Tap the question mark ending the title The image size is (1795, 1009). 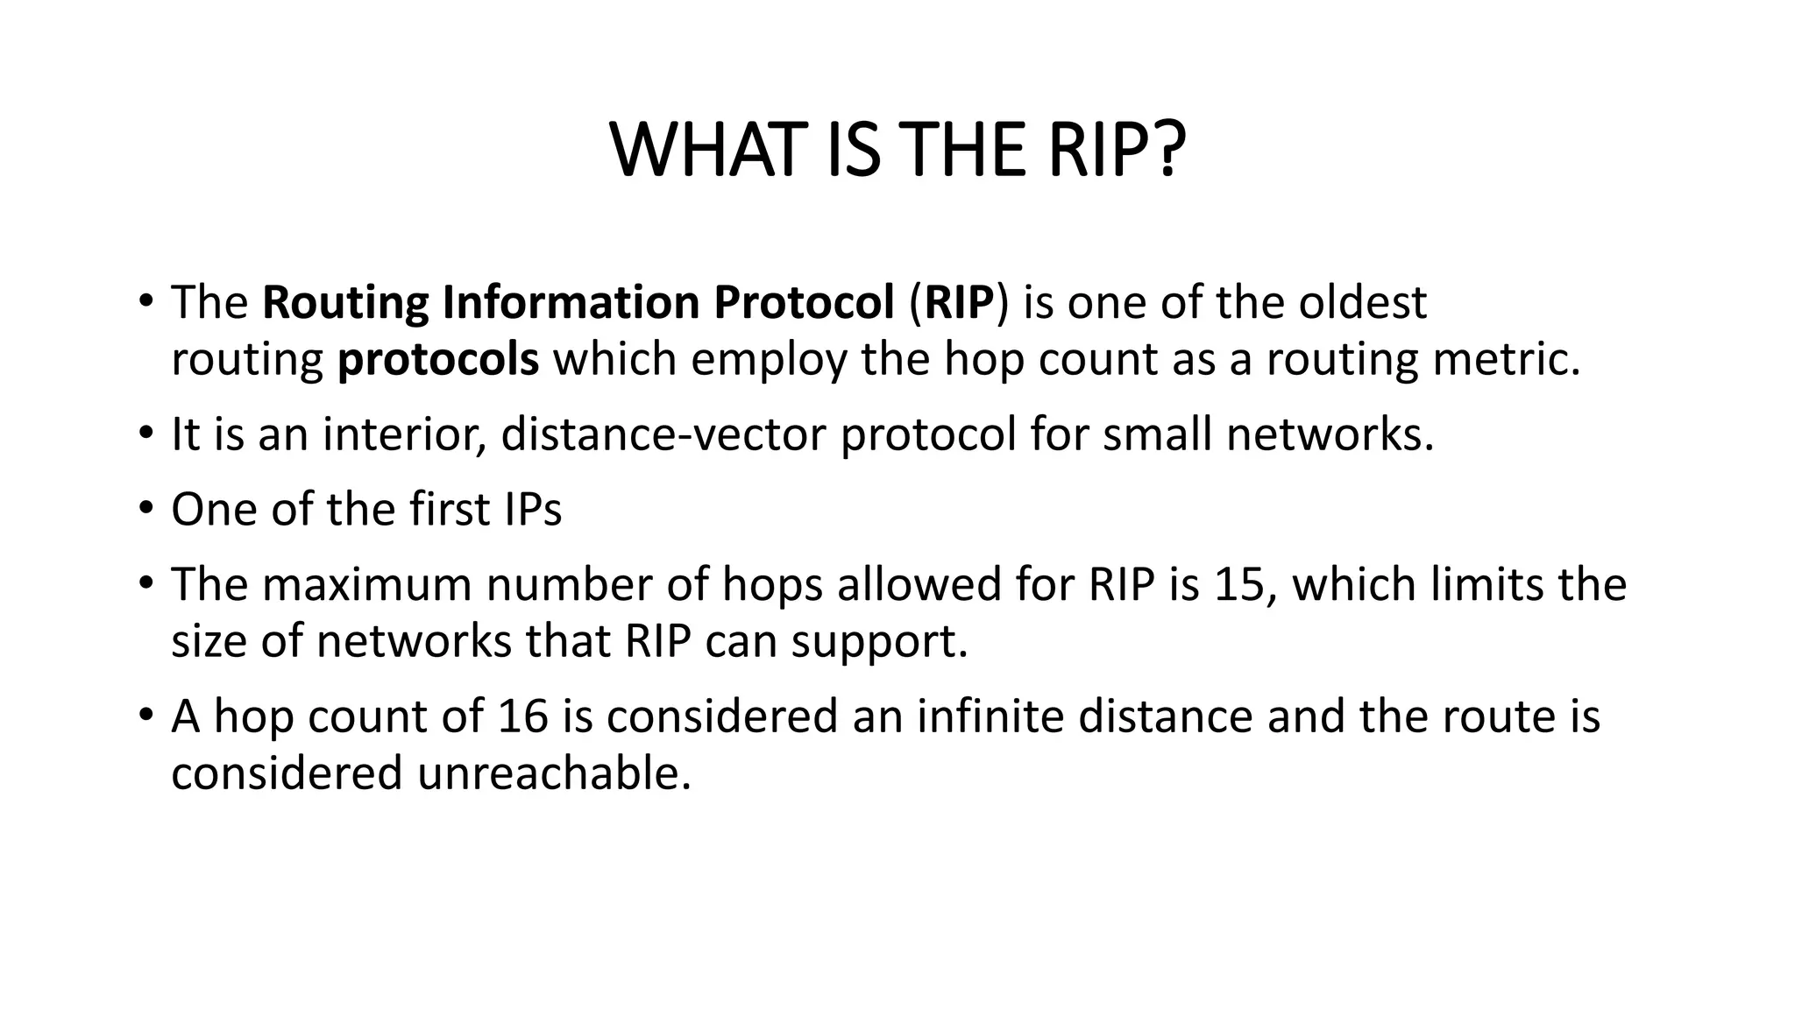(1167, 151)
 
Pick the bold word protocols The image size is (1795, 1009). (438, 360)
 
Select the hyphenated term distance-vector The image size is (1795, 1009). (663, 434)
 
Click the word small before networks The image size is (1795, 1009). (1158, 434)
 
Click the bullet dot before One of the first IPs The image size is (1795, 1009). (145, 509)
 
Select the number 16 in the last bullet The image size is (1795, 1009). (523, 716)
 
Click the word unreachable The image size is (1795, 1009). (554, 773)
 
